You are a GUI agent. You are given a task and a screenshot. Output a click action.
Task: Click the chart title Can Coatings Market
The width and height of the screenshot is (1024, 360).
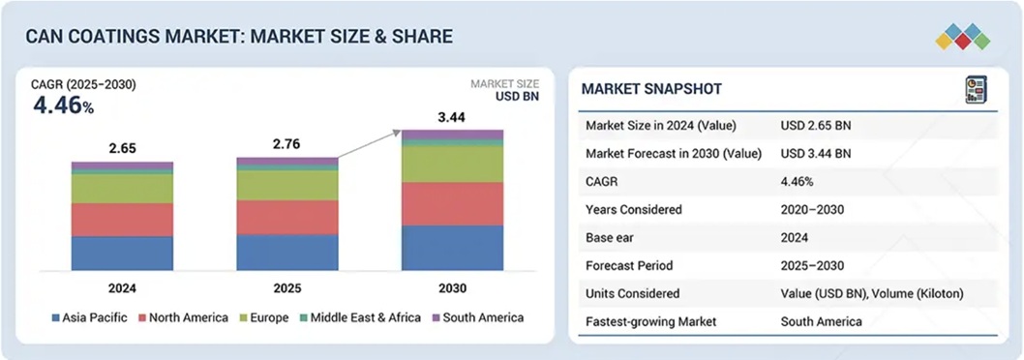tap(239, 37)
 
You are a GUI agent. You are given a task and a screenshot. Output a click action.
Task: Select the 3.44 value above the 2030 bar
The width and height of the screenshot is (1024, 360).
tap(451, 117)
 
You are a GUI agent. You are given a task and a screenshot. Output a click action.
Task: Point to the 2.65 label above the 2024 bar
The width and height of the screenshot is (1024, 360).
tap(122, 149)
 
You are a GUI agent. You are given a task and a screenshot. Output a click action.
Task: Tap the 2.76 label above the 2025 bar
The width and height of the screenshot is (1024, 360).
tap(286, 144)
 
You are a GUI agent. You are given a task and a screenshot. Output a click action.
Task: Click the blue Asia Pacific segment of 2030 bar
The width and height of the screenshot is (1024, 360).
tap(452, 248)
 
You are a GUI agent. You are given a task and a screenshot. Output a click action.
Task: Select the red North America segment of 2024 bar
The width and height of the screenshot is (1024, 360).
tap(122, 220)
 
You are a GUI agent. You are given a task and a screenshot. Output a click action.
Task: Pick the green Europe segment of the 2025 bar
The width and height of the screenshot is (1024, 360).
tap(287, 185)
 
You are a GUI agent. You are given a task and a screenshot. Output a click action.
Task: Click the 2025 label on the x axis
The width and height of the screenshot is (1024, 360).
tap(286, 286)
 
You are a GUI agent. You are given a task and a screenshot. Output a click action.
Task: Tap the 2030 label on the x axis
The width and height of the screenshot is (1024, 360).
tap(452, 286)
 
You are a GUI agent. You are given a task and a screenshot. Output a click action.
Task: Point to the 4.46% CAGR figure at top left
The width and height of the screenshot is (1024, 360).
tap(62, 105)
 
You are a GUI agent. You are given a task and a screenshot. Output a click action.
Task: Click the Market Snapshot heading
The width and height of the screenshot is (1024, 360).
tap(650, 89)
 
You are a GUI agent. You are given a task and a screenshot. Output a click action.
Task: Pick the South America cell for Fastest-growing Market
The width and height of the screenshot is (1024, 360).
tap(821, 321)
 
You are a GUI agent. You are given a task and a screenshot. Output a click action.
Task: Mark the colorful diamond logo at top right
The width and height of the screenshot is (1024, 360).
tap(962, 37)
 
